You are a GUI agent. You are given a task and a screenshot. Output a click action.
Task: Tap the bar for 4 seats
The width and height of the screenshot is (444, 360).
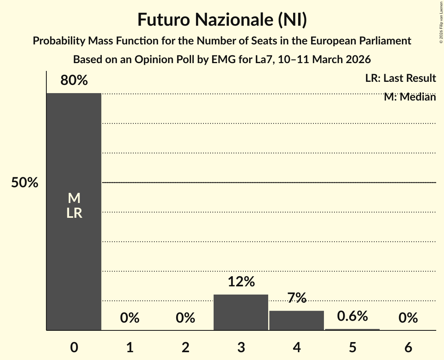[x=297, y=320]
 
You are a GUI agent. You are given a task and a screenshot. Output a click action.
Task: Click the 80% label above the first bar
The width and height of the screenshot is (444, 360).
[x=74, y=81]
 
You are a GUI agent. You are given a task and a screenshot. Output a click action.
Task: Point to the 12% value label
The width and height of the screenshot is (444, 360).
[x=241, y=281]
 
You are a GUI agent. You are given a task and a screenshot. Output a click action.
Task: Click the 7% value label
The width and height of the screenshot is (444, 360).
[x=297, y=298]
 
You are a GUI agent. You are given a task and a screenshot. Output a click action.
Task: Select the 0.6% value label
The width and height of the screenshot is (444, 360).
[x=352, y=316]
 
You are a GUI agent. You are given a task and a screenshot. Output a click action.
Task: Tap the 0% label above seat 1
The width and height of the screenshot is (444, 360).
[x=130, y=318]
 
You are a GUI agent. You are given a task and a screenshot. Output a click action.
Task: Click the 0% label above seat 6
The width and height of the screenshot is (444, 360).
[x=408, y=318]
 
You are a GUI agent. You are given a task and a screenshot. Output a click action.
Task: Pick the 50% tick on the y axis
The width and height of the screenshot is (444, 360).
[x=25, y=183]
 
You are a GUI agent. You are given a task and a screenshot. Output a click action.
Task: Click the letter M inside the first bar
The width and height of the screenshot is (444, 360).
[x=74, y=199]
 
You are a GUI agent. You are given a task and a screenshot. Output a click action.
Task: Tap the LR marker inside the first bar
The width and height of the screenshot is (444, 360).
[x=74, y=213]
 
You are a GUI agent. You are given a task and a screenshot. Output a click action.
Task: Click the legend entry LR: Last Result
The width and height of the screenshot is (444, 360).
[x=400, y=78]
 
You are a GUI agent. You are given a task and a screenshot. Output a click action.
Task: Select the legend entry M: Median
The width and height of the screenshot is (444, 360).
[x=410, y=97]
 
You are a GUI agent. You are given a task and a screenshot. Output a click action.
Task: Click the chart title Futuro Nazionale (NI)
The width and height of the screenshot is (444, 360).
[x=222, y=20]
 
